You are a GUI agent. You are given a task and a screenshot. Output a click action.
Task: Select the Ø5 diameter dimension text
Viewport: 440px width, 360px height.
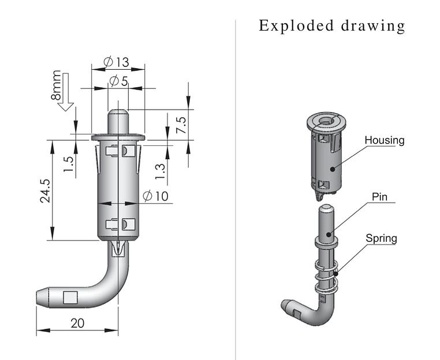[x=118, y=81]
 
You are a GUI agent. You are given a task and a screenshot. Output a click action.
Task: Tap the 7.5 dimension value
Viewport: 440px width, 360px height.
[x=181, y=126]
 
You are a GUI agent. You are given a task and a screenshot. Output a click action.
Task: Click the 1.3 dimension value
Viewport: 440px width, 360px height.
[x=161, y=169]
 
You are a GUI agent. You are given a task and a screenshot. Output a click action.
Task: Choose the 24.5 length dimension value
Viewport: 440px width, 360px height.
[x=45, y=191]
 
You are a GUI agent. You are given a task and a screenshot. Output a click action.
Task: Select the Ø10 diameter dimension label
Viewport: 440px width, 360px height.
[x=155, y=196]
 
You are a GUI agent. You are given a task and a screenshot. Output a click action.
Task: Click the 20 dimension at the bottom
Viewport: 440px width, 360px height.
[x=77, y=323]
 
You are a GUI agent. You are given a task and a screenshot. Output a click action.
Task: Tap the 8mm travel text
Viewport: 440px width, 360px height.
[x=56, y=86]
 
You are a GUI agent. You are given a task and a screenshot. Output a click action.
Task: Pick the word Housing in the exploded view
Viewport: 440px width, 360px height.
[x=384, y=140]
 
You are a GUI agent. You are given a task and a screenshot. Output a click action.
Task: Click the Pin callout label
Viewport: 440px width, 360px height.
[x=379, y=197]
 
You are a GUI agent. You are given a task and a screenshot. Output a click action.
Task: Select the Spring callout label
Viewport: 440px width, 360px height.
[x=381, y=238]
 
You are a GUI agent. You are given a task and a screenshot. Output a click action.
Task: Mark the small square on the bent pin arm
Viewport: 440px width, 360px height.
[x=70, y=298]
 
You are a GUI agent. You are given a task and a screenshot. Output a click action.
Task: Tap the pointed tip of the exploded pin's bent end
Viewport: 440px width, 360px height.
[x=285, y=304]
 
